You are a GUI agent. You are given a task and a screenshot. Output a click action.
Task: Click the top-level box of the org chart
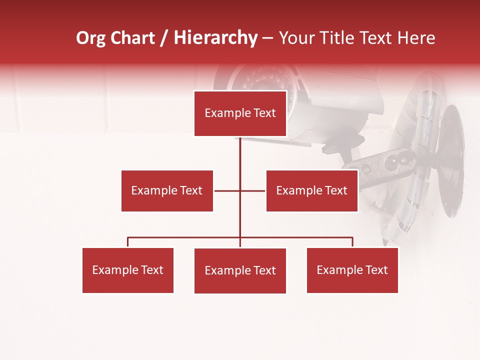[x=240, y=113]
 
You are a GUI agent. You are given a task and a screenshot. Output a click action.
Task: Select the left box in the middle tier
[x=167, y=190]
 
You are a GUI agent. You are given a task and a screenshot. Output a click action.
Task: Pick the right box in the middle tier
[x=311, y=190]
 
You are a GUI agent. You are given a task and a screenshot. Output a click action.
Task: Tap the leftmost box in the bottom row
[x=127, y=270]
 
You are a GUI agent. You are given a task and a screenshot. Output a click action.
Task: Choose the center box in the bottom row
[x=240, y=270]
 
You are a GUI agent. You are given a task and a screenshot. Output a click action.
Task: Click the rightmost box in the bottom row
[x=352, y=270]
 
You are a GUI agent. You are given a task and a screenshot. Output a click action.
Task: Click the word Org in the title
[x=90, y=38]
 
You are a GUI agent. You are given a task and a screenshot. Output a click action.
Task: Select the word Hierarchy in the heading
[x=215, y=38]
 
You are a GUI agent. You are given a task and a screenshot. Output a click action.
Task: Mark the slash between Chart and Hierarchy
[x=164, y=38]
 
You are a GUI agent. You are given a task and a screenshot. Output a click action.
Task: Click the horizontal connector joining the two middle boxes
[x=227, y=190]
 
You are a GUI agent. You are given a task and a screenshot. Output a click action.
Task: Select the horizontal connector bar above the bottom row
[x=185, y=237]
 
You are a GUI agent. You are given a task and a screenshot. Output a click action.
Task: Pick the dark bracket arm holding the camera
[x=385, y=165]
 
